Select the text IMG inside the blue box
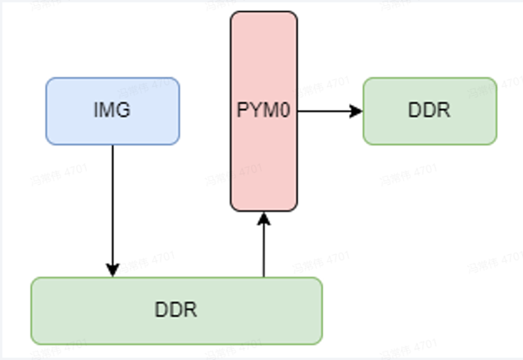[x=112, y=111]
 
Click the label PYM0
[x=264, y=111]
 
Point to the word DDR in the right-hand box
[x=429, y=111]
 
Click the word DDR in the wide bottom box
[x=176, y=310]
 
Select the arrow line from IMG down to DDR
[x=112, y=203]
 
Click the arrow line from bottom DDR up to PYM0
[x=264, y=249]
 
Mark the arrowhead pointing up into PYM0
[x=264, y=218]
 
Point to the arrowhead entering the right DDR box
[x=357, y=111]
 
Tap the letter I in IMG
[x=96, y=111]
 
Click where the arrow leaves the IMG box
[x=112, y=145]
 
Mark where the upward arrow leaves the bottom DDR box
[x=264, y=276]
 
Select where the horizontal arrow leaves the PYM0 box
[x=298, y=111]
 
